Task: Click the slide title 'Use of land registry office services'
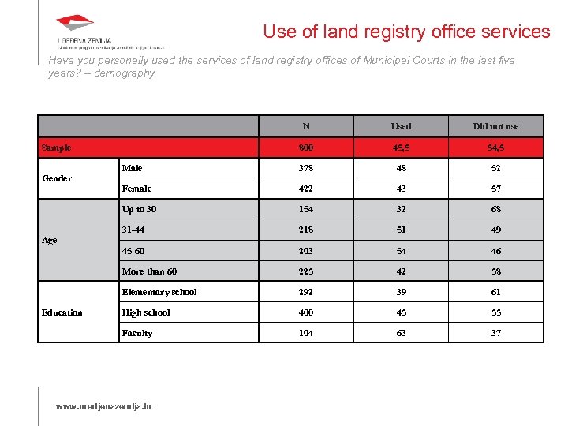[406, 32]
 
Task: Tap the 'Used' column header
[401, 126]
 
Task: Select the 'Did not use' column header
[495, 126]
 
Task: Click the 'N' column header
[306, 126]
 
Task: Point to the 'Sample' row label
[56, 148]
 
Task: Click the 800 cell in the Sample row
[306, 148]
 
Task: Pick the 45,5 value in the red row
[401, 148]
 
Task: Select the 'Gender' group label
[57, 178]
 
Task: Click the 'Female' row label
[136, 189]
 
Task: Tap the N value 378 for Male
[306, 168]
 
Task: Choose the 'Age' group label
[49, 241]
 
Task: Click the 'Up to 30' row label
[139, 209]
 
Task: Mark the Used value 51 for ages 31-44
[401, 230]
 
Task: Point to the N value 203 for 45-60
[306, 251]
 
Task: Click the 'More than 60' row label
[149, 271]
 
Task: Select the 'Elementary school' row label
[159, 292]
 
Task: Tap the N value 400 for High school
[306, 312]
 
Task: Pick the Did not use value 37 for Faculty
[495, 333]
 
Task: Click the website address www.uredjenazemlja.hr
[103, 406]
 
